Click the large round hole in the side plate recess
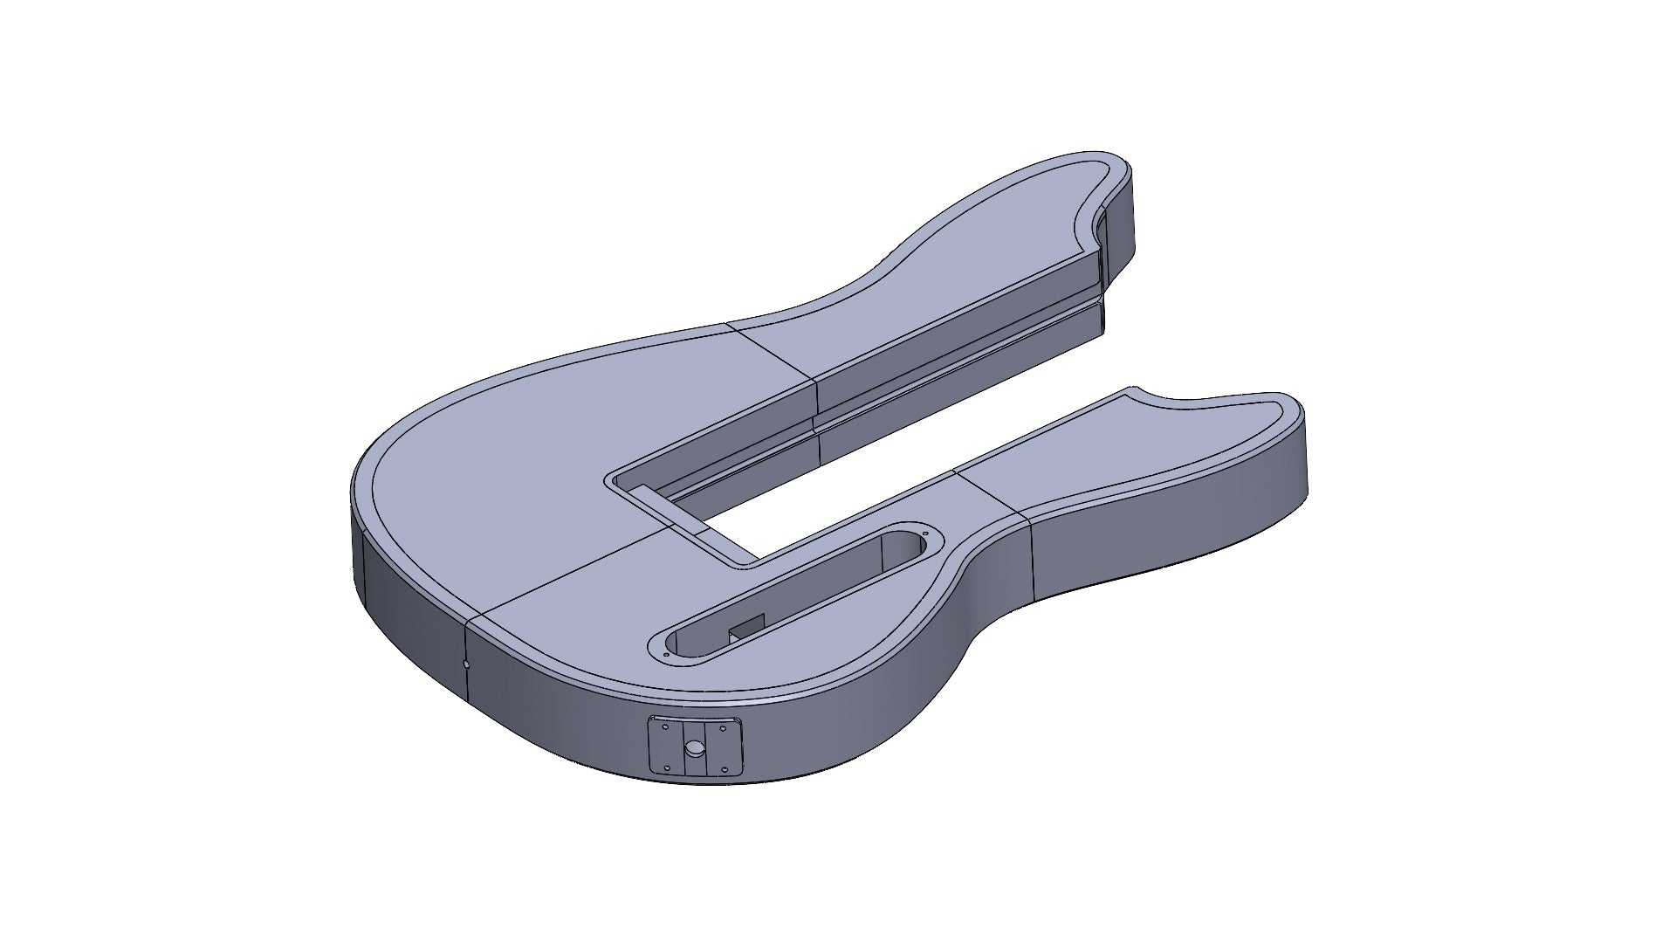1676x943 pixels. [x=695, y=748]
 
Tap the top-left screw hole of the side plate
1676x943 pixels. [x=665, y=726]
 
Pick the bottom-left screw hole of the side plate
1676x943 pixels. [x=667, y=768]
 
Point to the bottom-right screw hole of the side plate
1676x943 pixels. [x=725, y=769]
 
